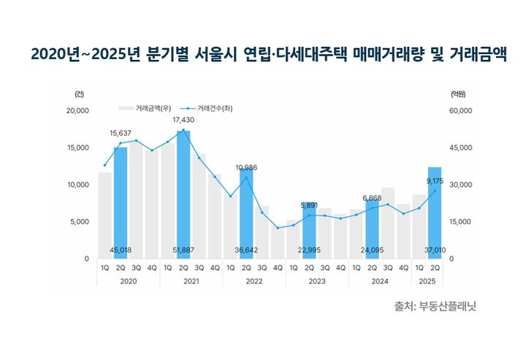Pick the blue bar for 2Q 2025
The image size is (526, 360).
pos(434,212)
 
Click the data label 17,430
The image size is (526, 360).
pos(183,119)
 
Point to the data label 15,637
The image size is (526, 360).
pos(121,133)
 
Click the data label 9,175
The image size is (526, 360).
pos(434,180)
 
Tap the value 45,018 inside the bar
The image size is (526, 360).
pos(121,250)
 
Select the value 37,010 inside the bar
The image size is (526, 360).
pos(434,250)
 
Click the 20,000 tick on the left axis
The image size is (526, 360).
pos(77,111)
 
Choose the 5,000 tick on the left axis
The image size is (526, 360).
pos(80,222)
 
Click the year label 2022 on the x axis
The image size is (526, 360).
pos(254,280)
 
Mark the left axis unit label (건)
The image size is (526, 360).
pos(79,94)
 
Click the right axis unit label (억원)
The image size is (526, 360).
pos(458,94)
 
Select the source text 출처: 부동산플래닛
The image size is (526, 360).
pos(434,307)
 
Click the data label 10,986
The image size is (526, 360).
pos(246,168)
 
